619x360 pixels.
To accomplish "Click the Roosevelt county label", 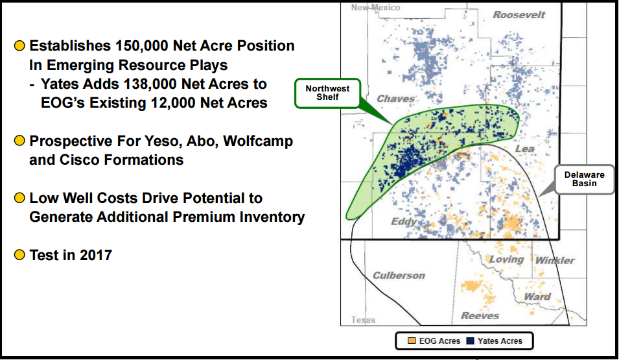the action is coord(519,15).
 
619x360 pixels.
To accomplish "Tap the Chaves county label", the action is coord(395,99).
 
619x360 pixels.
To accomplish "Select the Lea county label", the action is coord(524,149).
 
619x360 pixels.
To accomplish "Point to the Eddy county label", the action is coord(404,222).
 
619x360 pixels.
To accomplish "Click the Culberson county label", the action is coord(399,276).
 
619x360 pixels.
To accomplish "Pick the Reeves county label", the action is coord(480,316).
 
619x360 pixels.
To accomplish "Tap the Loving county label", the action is coord(506,259).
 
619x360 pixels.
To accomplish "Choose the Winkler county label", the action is coord(555,260).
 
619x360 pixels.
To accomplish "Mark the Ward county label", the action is coord(537,297).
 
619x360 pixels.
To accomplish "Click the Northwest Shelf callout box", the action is coord(328,93).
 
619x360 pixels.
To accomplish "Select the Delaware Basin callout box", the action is coord(584,180).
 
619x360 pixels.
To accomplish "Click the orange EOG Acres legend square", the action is coord(412,341).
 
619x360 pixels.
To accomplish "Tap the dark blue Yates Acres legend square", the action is coord(470,341).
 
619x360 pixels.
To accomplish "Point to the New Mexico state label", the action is coord(375,8).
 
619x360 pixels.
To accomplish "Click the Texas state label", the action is coord(363,320).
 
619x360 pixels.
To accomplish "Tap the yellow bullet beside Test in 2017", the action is coord(19,254).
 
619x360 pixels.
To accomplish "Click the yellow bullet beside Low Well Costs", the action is coord(19,198).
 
